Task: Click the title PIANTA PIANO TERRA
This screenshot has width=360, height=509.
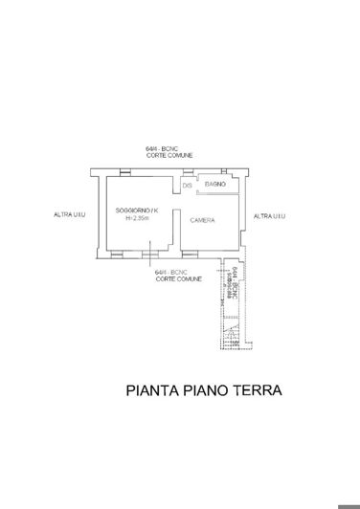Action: (204, 390)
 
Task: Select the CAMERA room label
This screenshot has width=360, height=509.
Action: (202, 221)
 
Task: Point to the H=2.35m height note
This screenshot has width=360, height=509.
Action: (137, 218)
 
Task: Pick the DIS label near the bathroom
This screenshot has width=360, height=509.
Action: (188, 185)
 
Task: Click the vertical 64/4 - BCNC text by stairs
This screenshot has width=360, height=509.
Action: (236, 282)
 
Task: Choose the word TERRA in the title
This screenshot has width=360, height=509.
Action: (254, 390)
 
